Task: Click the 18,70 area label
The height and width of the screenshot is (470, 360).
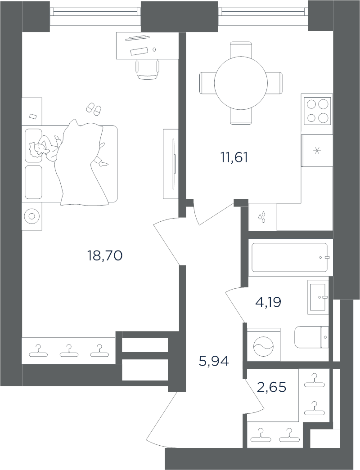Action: click(105, 256)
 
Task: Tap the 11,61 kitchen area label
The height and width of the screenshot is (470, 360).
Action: click(234, 157)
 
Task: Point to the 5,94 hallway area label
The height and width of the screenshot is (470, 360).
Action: click(214, 361)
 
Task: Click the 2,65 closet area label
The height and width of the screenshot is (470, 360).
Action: click(272, 387)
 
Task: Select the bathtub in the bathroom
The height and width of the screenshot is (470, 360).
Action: click(289, 257)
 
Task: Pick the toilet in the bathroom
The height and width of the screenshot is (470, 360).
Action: click(312, 337)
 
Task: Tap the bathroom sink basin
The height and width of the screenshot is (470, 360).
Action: click(318, 297)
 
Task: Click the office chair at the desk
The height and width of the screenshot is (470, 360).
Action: click(148, 69)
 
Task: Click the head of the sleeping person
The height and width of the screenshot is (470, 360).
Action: click(36, 148)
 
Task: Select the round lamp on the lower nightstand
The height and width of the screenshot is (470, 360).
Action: click(31, 216)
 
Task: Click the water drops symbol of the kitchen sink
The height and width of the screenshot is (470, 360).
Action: click(263, 217)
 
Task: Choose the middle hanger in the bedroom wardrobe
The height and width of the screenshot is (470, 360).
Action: click(69, 351)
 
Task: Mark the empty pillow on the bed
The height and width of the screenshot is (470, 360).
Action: click(33, 182)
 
